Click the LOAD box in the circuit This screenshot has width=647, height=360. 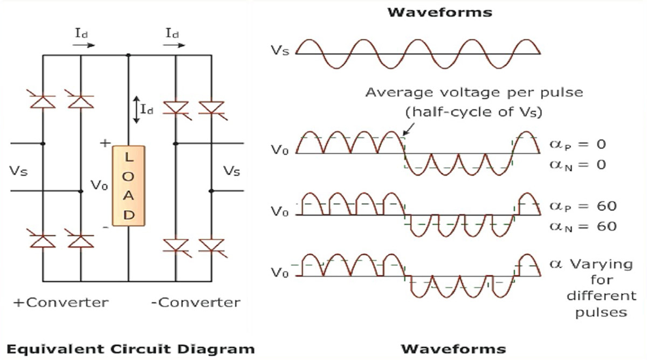(128, 185)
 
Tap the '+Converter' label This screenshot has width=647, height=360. (60, 302)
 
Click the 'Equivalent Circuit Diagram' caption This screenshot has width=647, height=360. (123, 348)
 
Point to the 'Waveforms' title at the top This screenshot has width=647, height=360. (440, 12)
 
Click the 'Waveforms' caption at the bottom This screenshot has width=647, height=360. (454, 348)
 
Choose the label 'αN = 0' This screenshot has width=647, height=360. (577, 164)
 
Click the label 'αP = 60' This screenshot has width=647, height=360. (582, 206)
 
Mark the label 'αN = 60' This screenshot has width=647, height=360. (582, 226)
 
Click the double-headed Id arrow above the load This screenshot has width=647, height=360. (136, 110)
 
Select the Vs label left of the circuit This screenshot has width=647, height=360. (18, 171)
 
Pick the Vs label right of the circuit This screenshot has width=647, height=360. (232, 171)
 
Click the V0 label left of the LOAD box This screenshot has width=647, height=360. (99, 186)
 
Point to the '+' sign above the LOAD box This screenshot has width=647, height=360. (105, 143)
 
